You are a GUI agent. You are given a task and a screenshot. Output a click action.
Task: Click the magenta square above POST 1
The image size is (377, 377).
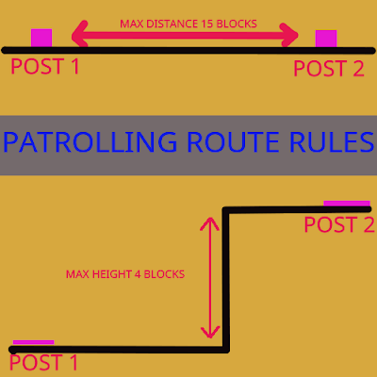(41, 38)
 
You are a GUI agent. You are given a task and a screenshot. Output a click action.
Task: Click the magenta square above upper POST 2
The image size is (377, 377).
(326, 39)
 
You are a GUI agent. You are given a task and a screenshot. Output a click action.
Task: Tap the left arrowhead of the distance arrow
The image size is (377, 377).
(79, 34)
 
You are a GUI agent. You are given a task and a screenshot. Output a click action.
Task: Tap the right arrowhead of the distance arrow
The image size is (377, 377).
(289, 35)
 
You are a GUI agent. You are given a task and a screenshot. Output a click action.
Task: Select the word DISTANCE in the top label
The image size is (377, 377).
(172, 24)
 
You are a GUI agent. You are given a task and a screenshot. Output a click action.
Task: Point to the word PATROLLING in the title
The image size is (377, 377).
(90, 142)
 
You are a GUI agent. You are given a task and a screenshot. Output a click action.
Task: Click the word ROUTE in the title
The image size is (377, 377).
(233, 142)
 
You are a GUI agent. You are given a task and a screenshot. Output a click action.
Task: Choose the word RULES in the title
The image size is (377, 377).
(332, 142)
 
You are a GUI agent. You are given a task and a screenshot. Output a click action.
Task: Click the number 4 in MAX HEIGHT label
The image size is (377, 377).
(138, 274)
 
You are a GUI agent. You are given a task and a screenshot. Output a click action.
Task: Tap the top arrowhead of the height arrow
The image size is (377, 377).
(209, 222)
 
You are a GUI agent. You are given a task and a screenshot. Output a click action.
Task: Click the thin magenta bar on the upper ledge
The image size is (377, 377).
(347, 204)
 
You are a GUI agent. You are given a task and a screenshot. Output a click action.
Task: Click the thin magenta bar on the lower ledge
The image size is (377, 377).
(33, 342)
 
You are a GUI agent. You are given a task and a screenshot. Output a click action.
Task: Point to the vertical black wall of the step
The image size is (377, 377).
(226, 280)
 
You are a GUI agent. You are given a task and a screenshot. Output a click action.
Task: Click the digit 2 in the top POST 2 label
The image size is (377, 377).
(358, 69)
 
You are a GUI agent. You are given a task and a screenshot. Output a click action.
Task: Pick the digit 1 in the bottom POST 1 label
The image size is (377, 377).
(74, 362)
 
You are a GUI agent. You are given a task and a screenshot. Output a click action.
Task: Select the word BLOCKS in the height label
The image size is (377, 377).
(164, 274)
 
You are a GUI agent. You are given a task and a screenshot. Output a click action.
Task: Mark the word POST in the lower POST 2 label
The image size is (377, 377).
(331, 224)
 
